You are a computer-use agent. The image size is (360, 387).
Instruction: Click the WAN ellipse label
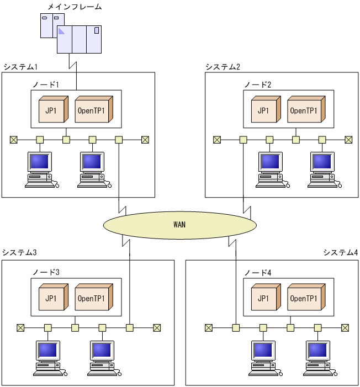click(179, 225)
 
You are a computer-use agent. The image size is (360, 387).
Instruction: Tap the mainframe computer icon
click(72, 34)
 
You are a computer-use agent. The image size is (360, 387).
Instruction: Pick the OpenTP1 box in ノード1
click(93, 110)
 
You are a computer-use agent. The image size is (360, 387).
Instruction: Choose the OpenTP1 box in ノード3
click(93, 299)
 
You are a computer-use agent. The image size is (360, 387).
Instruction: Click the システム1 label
click(20, 67)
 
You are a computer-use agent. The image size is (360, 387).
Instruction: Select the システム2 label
click(223, 67)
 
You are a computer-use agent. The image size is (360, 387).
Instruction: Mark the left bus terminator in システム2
click(217, 140)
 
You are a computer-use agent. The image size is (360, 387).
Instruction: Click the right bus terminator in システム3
click(157, 328)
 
